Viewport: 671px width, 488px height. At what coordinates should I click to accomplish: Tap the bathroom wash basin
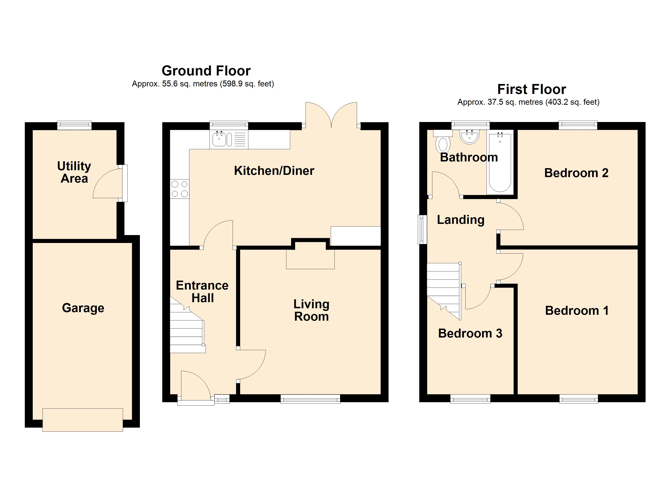(x=469, y=137)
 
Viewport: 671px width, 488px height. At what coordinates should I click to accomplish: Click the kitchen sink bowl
(x=219, y=139)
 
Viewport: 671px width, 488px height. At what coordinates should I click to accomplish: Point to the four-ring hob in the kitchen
(x=180, y=189)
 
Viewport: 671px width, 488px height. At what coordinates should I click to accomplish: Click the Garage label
(x=83, y=308)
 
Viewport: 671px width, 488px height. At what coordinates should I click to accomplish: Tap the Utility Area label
(x=74, y=172)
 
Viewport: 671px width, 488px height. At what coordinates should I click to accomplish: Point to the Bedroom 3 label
(x=470, y=333)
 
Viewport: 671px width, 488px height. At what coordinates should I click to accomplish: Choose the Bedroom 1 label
(x=577, y=310)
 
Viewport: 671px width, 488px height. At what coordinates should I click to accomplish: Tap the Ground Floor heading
(x=206, y=71)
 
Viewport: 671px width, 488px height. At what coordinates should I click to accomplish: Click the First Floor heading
(x=532, y=89)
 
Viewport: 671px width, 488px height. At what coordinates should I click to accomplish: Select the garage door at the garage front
(x=83, y=420)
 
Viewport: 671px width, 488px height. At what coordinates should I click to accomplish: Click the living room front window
(x=310, y=399)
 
